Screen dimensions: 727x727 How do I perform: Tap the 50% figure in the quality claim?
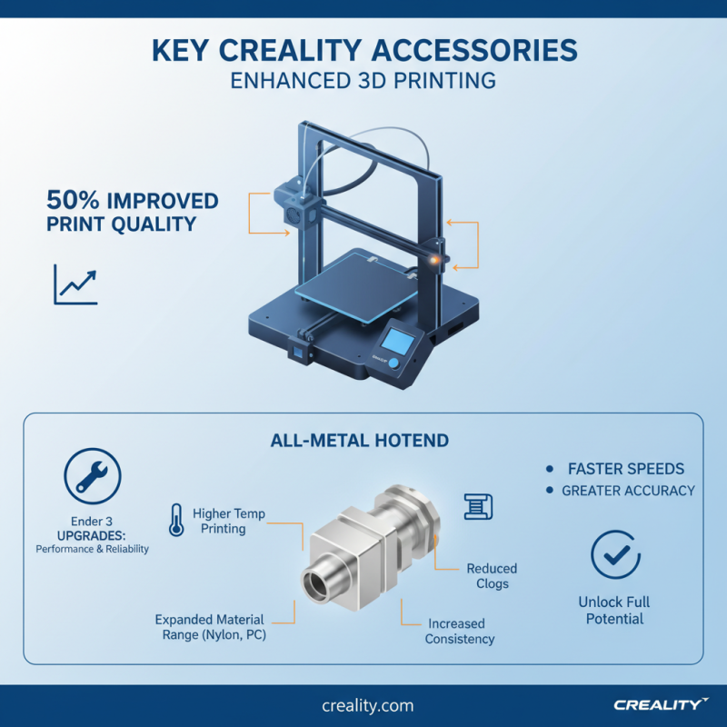(x=73, y=201)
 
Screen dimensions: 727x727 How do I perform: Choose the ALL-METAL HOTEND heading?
(x=360, y=441)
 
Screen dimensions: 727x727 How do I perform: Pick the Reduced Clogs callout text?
(x=492, y=576)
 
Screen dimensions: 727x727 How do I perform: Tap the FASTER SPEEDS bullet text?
(x=626, y=469)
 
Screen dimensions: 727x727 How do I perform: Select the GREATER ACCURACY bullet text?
(x=628, y=491)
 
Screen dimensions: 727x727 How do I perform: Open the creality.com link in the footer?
(x=367, y=705)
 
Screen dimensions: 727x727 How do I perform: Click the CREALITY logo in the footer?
(x=660, y=705)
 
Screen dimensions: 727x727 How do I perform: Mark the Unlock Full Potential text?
(x=614, y=610)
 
